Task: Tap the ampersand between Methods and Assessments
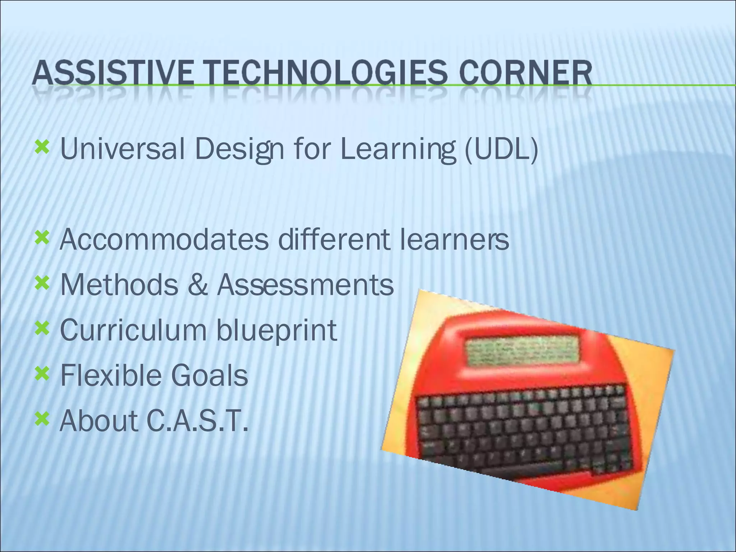(197, 285)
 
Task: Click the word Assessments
(305, 285)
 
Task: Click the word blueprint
(276, 331)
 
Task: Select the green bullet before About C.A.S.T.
(42, 419)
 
